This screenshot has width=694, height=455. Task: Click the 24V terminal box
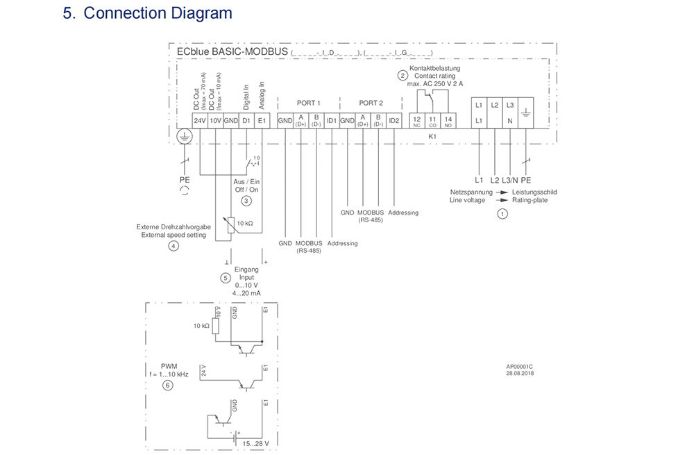(200, 120)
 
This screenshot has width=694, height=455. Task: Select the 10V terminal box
(215, 120)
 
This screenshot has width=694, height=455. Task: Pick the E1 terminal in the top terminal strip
(262, 120)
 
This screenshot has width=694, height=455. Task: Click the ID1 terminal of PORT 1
(332, 120)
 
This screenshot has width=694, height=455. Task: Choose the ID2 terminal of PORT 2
(394, 120)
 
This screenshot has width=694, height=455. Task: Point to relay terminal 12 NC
(416, 122)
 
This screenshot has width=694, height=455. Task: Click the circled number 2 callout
(402, 75)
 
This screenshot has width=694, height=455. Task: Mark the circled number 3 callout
(246, 201)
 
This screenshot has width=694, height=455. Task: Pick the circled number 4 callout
(173, 245)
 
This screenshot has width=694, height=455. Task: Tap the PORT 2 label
(371, 103)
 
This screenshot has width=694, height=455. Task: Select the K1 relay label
(431, 137)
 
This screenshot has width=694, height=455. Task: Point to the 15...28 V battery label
(255, 442)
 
